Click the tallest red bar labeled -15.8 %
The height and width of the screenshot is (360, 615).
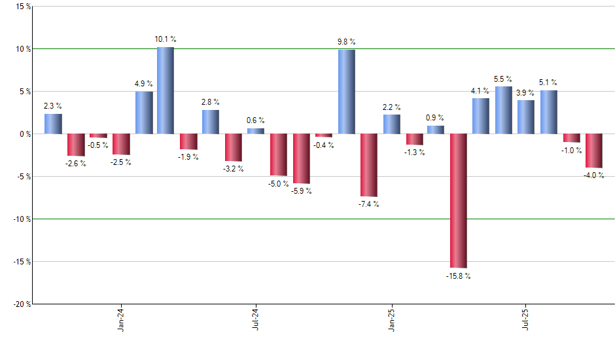coord(458,201)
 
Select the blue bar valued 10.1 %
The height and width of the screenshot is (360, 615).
coord(166,90)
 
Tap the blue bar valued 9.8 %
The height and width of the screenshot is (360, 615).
coord(347,92)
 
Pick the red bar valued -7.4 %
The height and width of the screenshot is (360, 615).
coord(369,165)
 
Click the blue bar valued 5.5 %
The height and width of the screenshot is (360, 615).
coord(503,110)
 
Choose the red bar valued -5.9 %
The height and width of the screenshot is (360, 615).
coord(302,158)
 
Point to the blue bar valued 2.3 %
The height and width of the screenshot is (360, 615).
coord(54,124)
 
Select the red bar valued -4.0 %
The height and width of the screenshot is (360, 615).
coord(594,151)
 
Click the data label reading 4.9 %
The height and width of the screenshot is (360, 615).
coord(143,84)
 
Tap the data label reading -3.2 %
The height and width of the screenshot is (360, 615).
coord(234,169)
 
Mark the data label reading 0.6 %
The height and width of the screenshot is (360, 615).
coord(256,120)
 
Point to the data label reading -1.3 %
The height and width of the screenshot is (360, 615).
coord(414,153)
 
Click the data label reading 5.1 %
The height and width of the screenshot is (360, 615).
coord(548,82)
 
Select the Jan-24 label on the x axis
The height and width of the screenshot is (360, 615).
coord(121,320)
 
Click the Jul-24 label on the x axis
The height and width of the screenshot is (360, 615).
coord(256,320)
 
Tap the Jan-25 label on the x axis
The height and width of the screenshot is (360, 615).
coord(392,320)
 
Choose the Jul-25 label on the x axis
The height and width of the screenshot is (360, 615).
coord(526,320)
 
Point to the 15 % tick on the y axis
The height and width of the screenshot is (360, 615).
coord(22,7)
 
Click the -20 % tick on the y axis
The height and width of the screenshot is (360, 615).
coord(20,304)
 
